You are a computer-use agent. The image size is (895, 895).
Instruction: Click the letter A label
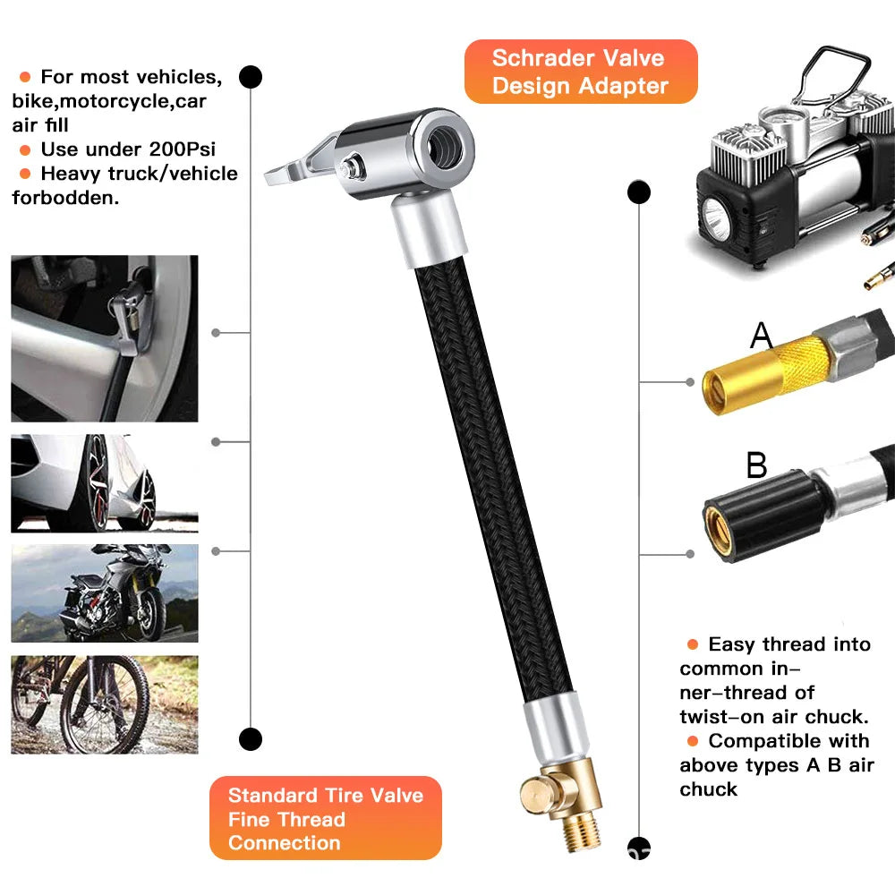pos(761,336)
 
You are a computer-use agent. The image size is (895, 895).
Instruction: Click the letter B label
pos(756,466)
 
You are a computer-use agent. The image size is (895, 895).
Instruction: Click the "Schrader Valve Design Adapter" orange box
pos(580,72)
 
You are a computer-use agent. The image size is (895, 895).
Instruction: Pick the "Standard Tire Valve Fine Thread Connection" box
pos(325,818)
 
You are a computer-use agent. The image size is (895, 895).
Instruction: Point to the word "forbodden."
pos(65,198)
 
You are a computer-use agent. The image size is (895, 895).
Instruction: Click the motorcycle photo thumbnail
pos(105,592)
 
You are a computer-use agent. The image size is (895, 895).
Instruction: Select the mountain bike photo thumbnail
pos(105,704)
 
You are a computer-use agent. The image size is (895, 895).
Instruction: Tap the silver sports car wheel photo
pos(105,483)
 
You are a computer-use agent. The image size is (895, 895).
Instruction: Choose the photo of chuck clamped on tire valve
pos(105,338)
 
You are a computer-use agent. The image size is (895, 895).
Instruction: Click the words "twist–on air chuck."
pos(774,716)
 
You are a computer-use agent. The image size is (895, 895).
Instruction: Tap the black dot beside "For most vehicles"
pos(251,77)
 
